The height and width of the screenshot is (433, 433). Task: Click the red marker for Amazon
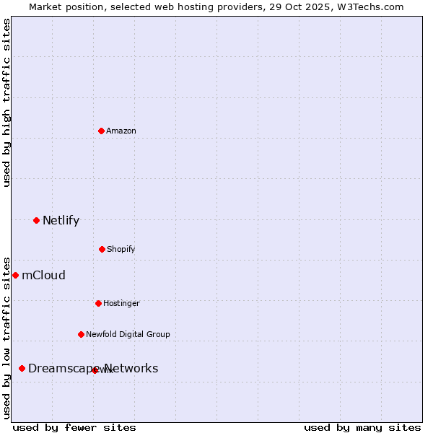[x=101, y=131]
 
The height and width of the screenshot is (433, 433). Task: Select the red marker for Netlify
[x=36, y=220]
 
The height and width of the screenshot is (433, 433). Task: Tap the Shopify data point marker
[x=102, y=249]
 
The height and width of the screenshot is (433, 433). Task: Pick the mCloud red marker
[x=15, y=275]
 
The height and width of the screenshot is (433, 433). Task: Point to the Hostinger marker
[x=98, y=303]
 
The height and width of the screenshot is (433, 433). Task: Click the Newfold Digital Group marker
[x=81, y=334]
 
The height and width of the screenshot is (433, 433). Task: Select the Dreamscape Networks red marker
[x=22, y=368]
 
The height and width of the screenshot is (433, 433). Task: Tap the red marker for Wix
[x=95, y=370]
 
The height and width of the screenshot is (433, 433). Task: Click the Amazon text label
[x=121, y=131]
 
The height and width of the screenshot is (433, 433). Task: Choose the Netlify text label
[x=61, y=220]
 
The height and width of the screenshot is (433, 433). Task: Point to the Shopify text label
[x=121, y=249]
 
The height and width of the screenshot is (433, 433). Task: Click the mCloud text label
[x=43, y=275]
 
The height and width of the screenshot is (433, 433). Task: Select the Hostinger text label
[x=121, y=303]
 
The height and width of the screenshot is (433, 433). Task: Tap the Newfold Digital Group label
[x=128, y=334]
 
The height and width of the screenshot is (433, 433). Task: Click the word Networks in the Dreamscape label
[x=132, y=368]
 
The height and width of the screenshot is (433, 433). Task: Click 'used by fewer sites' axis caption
[x=74, y=427]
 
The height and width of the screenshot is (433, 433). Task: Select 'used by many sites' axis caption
[x=362, y=427]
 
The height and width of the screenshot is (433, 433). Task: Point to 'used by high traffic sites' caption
[x=6, y=102]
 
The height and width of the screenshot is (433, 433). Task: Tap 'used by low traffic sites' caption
[x=6, y=337]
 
